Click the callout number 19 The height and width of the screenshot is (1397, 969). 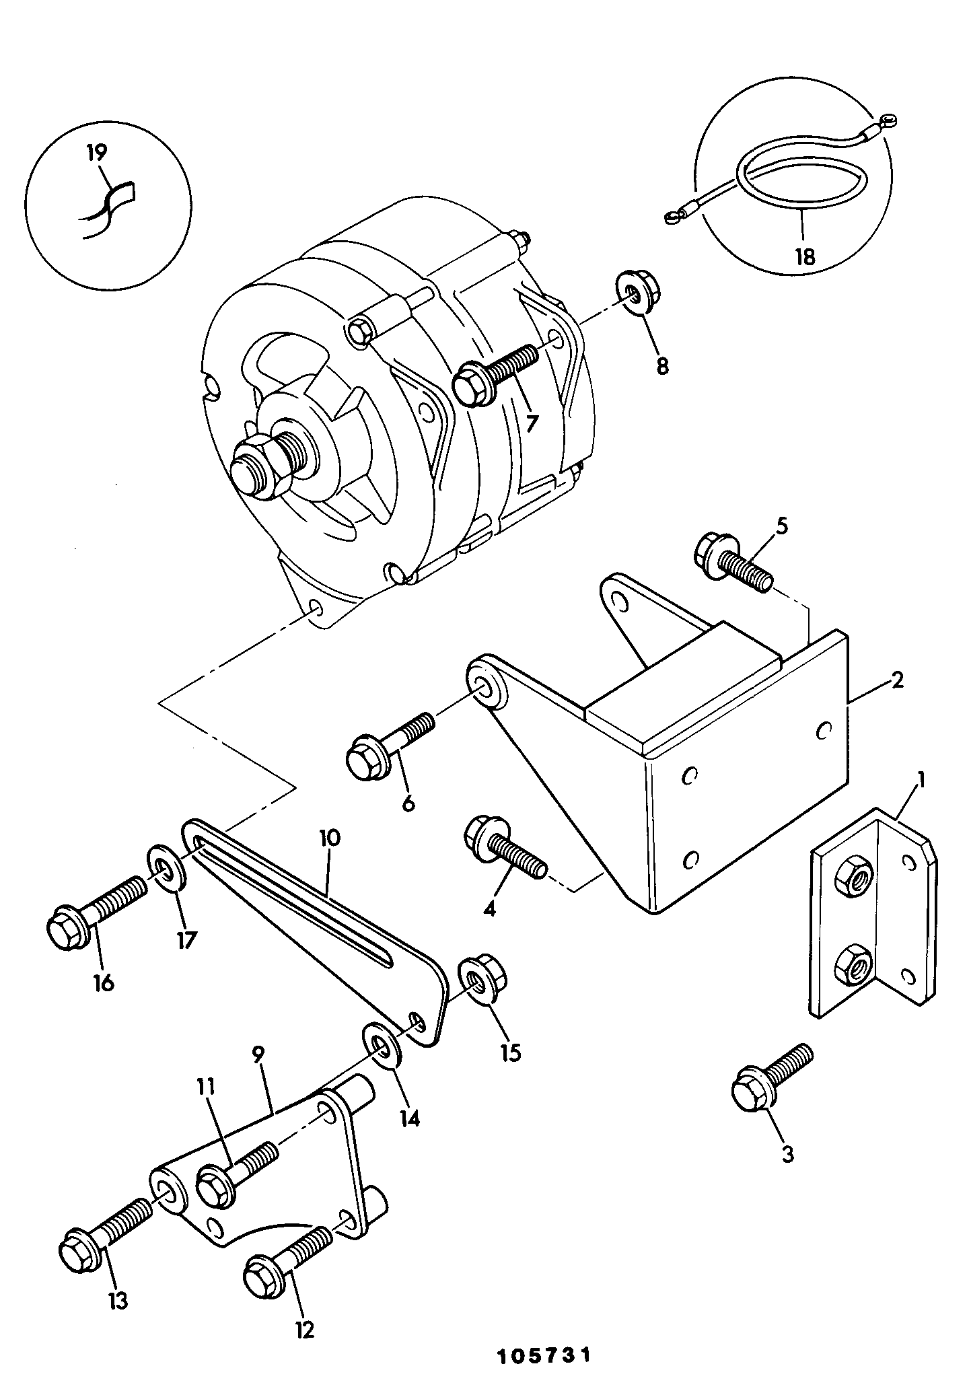click(97, 153)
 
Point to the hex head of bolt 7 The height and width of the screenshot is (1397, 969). click(472, 383)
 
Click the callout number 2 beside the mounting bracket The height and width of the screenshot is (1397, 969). click(897, 680)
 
